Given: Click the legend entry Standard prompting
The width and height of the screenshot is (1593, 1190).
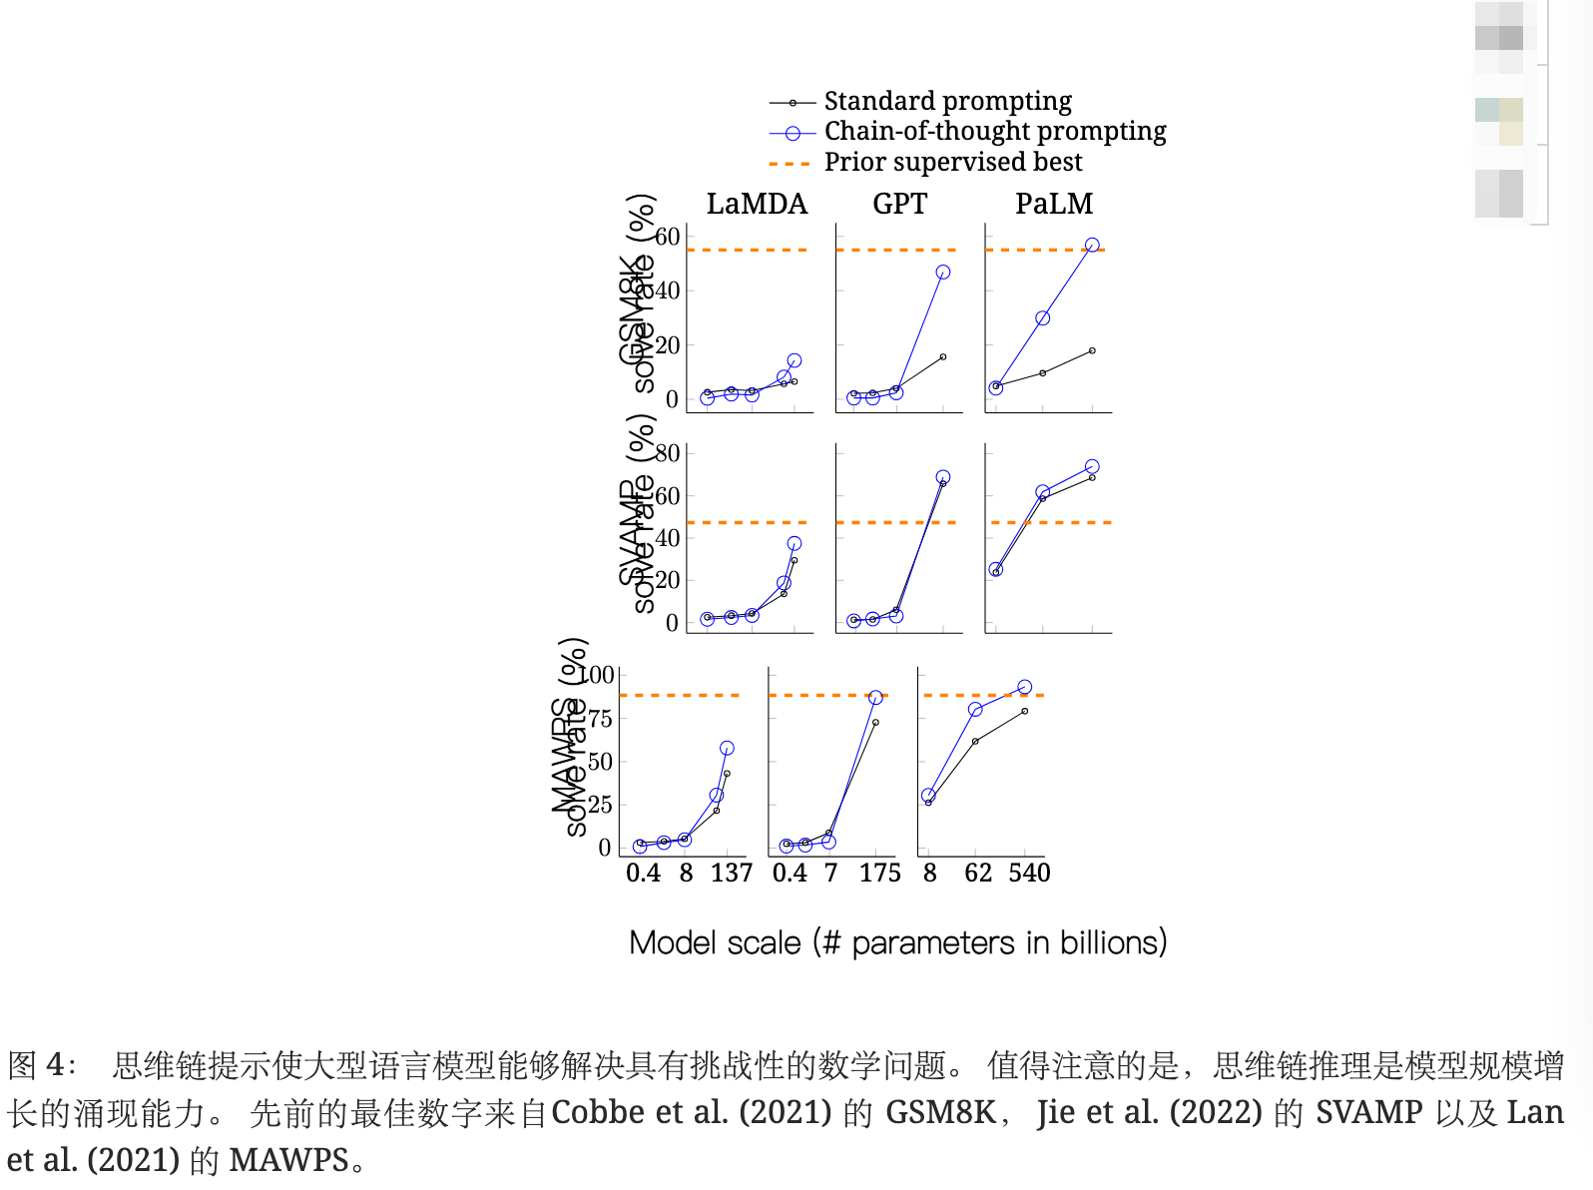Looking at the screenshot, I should [x=947, y=101].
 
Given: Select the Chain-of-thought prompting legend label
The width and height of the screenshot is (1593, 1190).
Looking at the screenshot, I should [x=994, y=131].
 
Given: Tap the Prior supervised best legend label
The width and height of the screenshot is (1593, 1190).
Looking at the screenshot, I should [x=952, y=162].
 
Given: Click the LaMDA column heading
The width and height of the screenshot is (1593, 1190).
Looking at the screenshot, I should [x=757, y=204].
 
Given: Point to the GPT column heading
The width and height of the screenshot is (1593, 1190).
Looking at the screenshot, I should [x=899, y=204].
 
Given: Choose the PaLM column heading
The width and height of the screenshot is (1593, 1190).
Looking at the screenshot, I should [x=1054, y=204].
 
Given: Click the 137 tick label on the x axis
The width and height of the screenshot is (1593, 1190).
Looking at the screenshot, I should [x=731, y=874].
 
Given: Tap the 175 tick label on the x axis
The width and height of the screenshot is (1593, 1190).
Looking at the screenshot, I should [x=879, y=874].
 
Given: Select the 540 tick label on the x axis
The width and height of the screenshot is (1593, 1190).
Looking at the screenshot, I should [x=1029, y=874].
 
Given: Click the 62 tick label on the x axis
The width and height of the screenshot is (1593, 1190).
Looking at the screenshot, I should [x=977, y=874].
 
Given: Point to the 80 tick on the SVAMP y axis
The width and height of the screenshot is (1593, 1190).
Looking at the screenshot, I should [x=667, y=453].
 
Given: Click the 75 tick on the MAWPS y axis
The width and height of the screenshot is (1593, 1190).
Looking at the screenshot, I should [x=600, y=719].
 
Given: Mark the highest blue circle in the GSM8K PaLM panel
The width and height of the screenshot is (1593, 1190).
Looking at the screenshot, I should [x=1092, y=245].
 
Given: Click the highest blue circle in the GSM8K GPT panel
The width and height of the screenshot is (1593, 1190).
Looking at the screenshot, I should [x=942, y=272].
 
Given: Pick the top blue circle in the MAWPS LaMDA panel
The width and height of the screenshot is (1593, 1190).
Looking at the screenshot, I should [x=727, y=748].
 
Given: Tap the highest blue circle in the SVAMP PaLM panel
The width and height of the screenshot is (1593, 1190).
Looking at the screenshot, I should [x=1092, y=466].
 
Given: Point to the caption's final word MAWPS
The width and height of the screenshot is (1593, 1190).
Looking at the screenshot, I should [x=288, y=1160].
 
